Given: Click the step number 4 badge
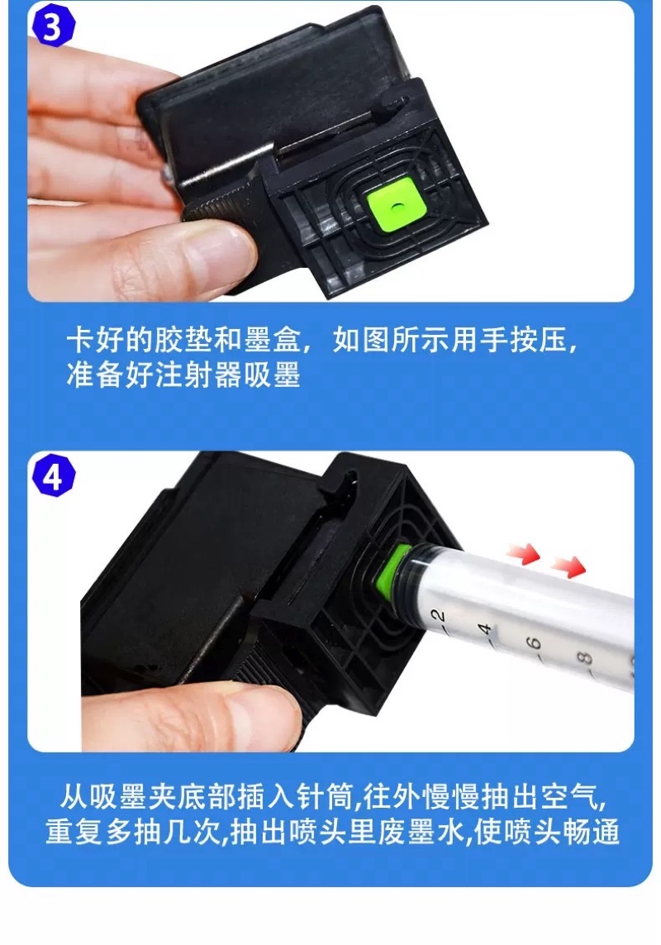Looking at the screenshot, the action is pyautogui.click(x=54, y=476).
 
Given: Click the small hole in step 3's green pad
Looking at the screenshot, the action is pyautogui.click(x=396, y=206).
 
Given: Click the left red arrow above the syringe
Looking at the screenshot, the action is pyautogui.click(x=524, y=553).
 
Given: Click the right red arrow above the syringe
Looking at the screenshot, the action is pyautogui.click(x=568, y=566).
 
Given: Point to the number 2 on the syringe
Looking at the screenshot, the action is pyautogui.click(x=439, y=616).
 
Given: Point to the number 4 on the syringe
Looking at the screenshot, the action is pyautogui.click(x=485, y=630).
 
